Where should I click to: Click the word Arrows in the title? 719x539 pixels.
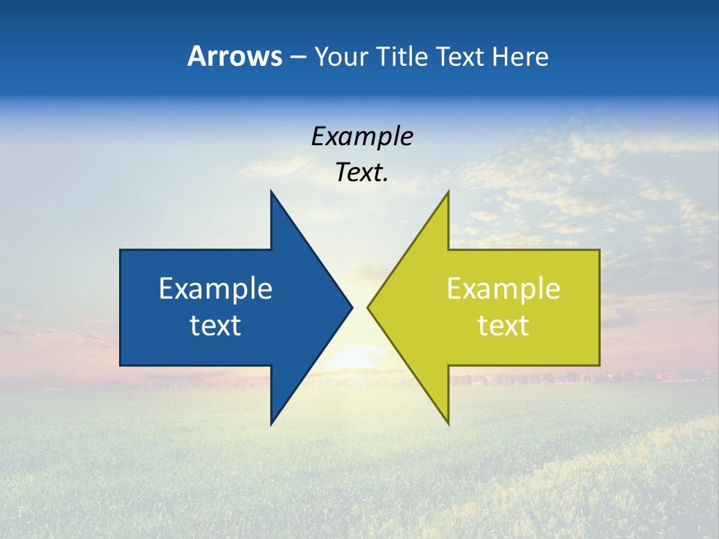pyautogui.click(x=234, y=56)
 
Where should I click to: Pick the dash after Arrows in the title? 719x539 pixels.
pyautogui.click(x=297, y=57)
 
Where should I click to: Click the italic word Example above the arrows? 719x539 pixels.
pyautogui.click(x=362, y=137)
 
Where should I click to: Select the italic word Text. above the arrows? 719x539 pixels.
pyautogui.click(x=362, y=173)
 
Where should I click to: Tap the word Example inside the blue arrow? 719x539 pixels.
pyautogui.click(x=216, y=288)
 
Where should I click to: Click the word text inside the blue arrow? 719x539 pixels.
pyautogui.click(x=216, y=325)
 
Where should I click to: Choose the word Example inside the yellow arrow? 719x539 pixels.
pyautogui.click(x=503, y=288)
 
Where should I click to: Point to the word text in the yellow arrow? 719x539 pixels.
pyautogui.click(x=503, y=325)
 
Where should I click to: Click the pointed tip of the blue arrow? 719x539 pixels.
pyautogui.click(x=352, y=307)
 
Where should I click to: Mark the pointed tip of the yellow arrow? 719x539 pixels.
pyautogui.click(x=368, y=307)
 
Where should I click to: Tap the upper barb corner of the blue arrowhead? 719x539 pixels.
pyautogui.click(x=271, y=191)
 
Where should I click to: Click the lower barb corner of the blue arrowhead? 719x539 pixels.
pyautogui.click(x=271, y=424)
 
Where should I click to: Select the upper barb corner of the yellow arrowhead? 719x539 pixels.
pyautogui.click(x=448, y=191)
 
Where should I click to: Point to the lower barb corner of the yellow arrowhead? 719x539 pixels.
pyautogui.click(x=448, y=424)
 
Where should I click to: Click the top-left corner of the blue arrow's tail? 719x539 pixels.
pyautogui.click(x=121, y=250)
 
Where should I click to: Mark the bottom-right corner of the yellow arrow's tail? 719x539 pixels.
pyautogui.click(x=599, y=365)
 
